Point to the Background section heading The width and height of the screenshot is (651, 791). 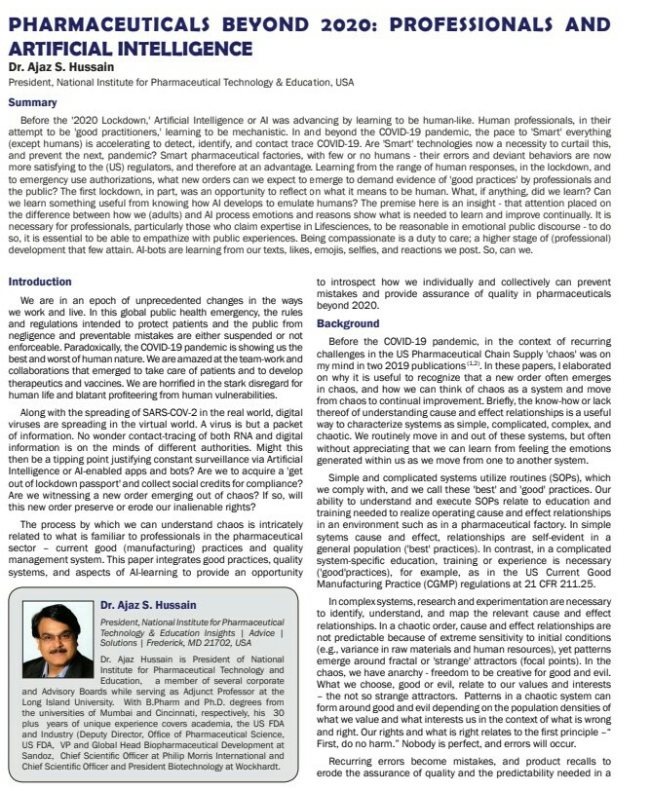pos(350,322)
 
